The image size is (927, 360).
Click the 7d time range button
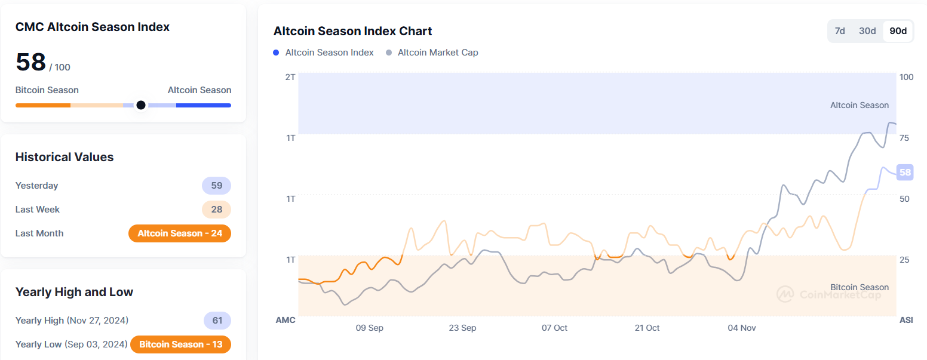point(840,31)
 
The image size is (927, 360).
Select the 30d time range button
point(867,31)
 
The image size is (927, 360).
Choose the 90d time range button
point(898,31)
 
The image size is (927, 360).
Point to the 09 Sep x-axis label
point(369,328)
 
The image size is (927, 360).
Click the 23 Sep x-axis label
point(462,328)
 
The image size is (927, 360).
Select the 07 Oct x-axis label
point(554,328)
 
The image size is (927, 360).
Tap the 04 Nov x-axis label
point(742,328)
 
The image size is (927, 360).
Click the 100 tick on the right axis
point(906,77)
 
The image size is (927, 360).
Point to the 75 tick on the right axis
point(904,138)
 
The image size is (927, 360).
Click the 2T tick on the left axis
point(290,77)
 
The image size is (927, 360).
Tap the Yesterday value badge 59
point(216,186)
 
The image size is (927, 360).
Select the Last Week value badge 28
point(216,210)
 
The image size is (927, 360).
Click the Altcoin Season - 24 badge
point(180,233)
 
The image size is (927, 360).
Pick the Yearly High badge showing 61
point(217,321)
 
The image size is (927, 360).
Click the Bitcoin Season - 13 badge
point(180,344)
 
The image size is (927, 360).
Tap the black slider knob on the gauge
point(141,105)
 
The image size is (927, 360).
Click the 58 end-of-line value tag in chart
point(905,173)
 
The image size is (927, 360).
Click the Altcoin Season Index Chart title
point(352,31)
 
